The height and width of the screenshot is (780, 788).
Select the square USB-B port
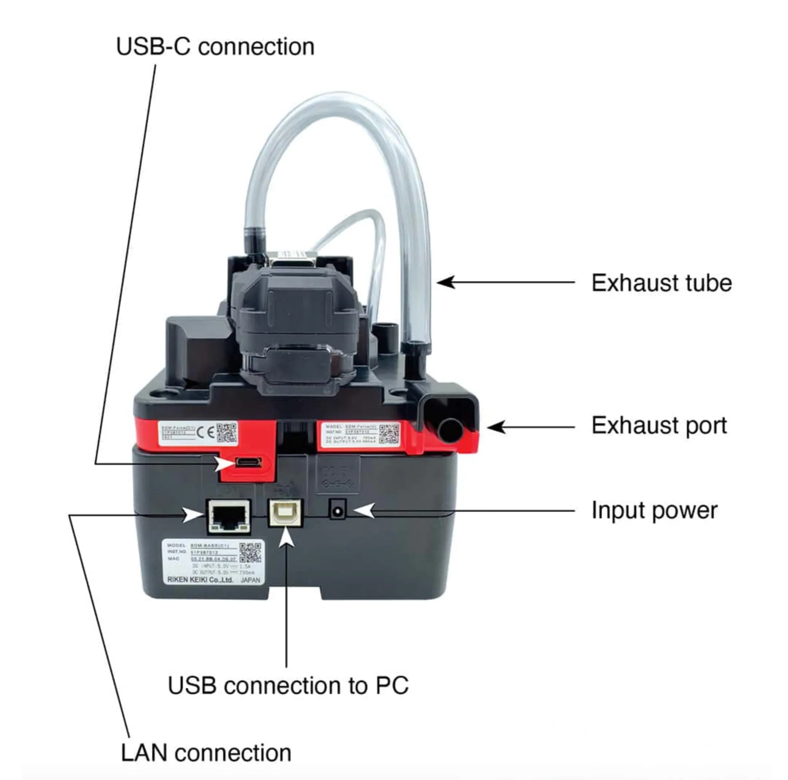tap(286, 513)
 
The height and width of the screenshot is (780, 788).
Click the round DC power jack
tap(338, 509)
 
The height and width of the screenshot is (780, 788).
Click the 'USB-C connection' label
tap(215, 46)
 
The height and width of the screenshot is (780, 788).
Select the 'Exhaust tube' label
tap(661, 283)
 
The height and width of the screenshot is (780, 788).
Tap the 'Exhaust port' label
tap(659, 425)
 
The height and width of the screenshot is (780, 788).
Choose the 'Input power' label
tap(654, 510)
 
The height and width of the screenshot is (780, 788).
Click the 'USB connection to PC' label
tap(288, 686)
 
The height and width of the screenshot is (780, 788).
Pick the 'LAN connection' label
tap(206, 753)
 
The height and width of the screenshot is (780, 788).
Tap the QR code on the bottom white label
tap(250, 552)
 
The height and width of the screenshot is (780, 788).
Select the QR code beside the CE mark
tap(226, 432)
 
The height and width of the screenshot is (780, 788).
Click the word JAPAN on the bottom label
tap(250, 580)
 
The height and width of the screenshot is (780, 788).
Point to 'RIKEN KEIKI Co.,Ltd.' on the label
tap(200, 580)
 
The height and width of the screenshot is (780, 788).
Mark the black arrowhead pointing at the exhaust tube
tap(446, 283)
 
